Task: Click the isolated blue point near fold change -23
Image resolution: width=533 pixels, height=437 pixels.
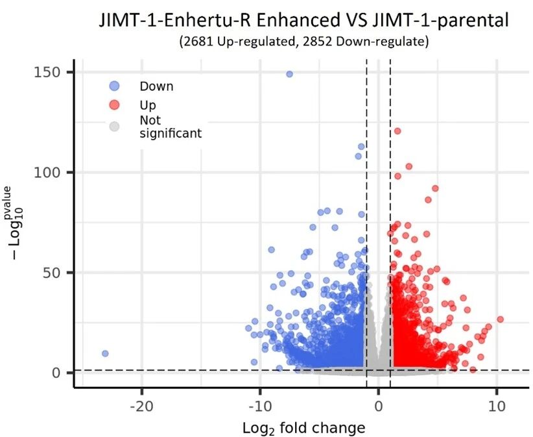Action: click(105, 353)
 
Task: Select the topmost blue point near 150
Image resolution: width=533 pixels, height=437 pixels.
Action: click(289, 74)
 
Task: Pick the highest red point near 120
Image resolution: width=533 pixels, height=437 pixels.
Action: click(397, 131)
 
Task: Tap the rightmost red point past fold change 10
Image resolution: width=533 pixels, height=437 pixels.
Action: click(500, 319)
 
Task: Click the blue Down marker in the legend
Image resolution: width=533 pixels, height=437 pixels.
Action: click(114, 86)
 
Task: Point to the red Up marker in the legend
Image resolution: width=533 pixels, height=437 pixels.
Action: click(114, 105)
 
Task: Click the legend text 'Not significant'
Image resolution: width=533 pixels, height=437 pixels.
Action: click(170, 127)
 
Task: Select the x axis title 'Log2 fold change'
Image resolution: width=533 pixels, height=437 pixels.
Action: click(303, 429)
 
